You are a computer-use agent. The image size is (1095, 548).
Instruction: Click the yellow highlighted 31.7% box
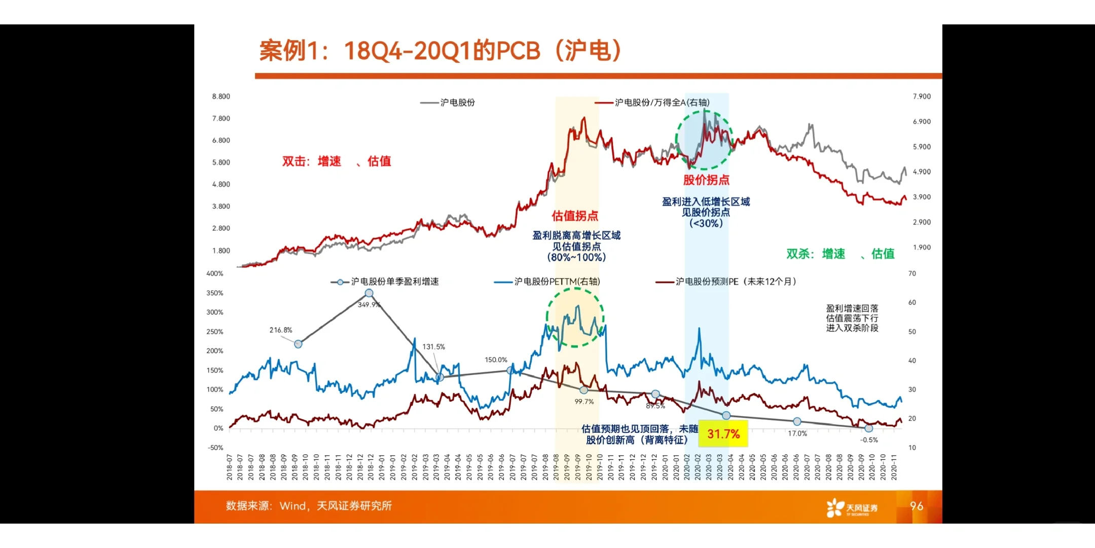pos(723,434)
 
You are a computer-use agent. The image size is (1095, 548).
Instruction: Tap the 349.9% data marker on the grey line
pos(369,293)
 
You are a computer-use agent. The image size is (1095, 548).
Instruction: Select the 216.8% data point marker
pos(298,344)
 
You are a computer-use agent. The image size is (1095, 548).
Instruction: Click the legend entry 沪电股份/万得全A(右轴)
pos(653,102)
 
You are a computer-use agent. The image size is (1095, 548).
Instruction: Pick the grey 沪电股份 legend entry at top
pos(448,102)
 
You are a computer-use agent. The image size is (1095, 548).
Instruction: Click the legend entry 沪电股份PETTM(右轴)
pos(547,282)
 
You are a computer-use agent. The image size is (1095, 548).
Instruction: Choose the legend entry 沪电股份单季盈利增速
pos(385,282)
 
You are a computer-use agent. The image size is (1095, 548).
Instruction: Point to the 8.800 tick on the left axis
pos(221,96)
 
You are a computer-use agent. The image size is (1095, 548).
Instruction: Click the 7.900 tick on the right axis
pos(922,96)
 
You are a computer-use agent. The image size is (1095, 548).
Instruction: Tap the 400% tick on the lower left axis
pos(215,273)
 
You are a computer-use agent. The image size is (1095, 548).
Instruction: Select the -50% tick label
pos(215,448)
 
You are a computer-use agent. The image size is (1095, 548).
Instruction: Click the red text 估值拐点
pos(575,216)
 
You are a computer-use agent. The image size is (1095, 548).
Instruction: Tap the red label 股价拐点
pos(706,180)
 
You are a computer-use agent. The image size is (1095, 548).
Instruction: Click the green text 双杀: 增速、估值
pos(840,254)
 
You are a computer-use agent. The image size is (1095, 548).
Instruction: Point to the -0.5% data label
pos(869,440)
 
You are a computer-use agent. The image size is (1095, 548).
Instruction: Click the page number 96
pos(917,506)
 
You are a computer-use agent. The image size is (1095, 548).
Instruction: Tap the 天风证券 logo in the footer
pos(852,507)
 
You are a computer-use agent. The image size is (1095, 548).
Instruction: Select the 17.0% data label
pos(797,433)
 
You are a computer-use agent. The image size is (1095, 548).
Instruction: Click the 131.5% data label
pos(433,347)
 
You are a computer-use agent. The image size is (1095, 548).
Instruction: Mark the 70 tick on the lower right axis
pos(912,273)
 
